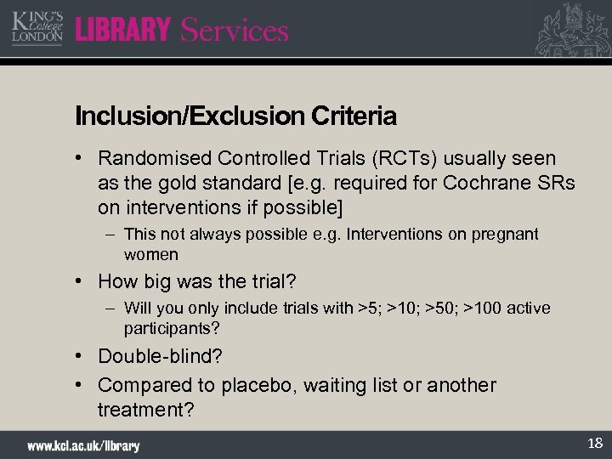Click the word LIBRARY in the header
coord(123,31)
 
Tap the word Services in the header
coord(235,31)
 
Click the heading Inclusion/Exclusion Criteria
coord(235,115)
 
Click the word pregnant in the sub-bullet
coord(507,234)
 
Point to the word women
coord(151,254)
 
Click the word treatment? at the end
coord(146,410)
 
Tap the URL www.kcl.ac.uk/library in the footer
coord(83,445)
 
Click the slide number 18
coord(594,443)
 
